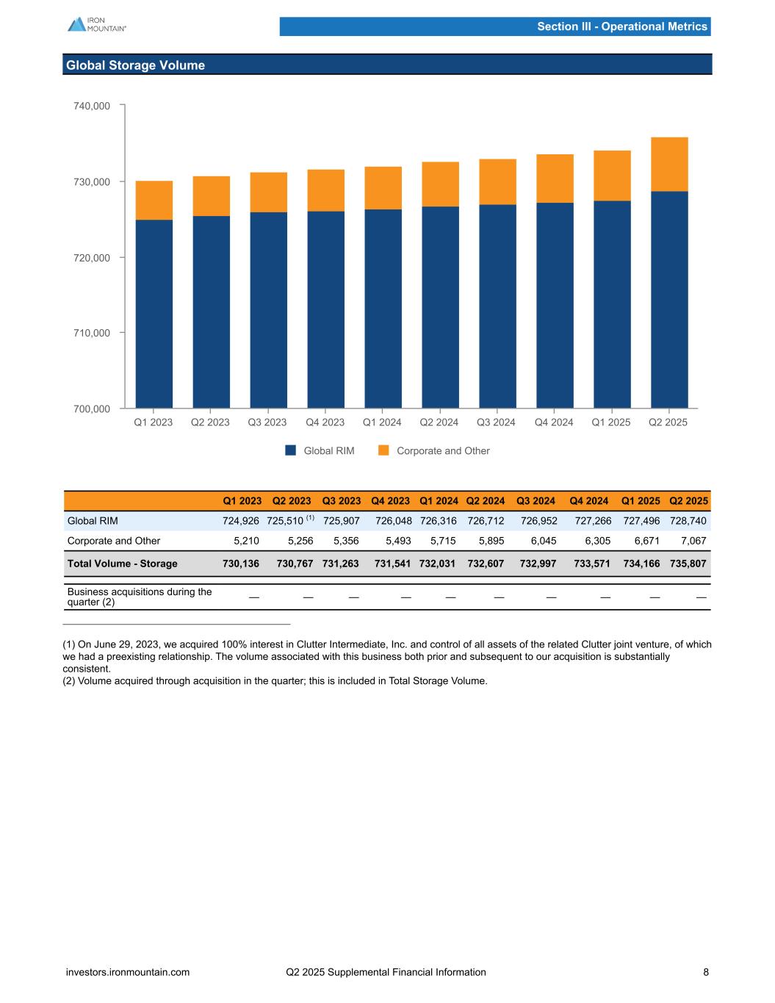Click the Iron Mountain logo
pos(96,24)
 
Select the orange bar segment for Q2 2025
pos(669,165)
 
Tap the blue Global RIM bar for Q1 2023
pos(154,314)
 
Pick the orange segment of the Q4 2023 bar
pos(325,190)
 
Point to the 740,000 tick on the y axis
pos(92,106)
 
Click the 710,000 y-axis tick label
pos(92,333)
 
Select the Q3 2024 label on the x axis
pos(496,423)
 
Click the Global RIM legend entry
pos(320,450)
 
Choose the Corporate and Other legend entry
pos(434,450)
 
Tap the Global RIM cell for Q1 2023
pos(241,521)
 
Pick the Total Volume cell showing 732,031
pos(439,564)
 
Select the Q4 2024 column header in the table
pos(588,501)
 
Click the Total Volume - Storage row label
pos(122,564)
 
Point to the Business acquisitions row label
pos(139,597)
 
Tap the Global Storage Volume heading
pos(135,65)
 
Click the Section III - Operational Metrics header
pos(621,26)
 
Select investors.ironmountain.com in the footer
pos(128,972)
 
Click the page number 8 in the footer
pos(706,972)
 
